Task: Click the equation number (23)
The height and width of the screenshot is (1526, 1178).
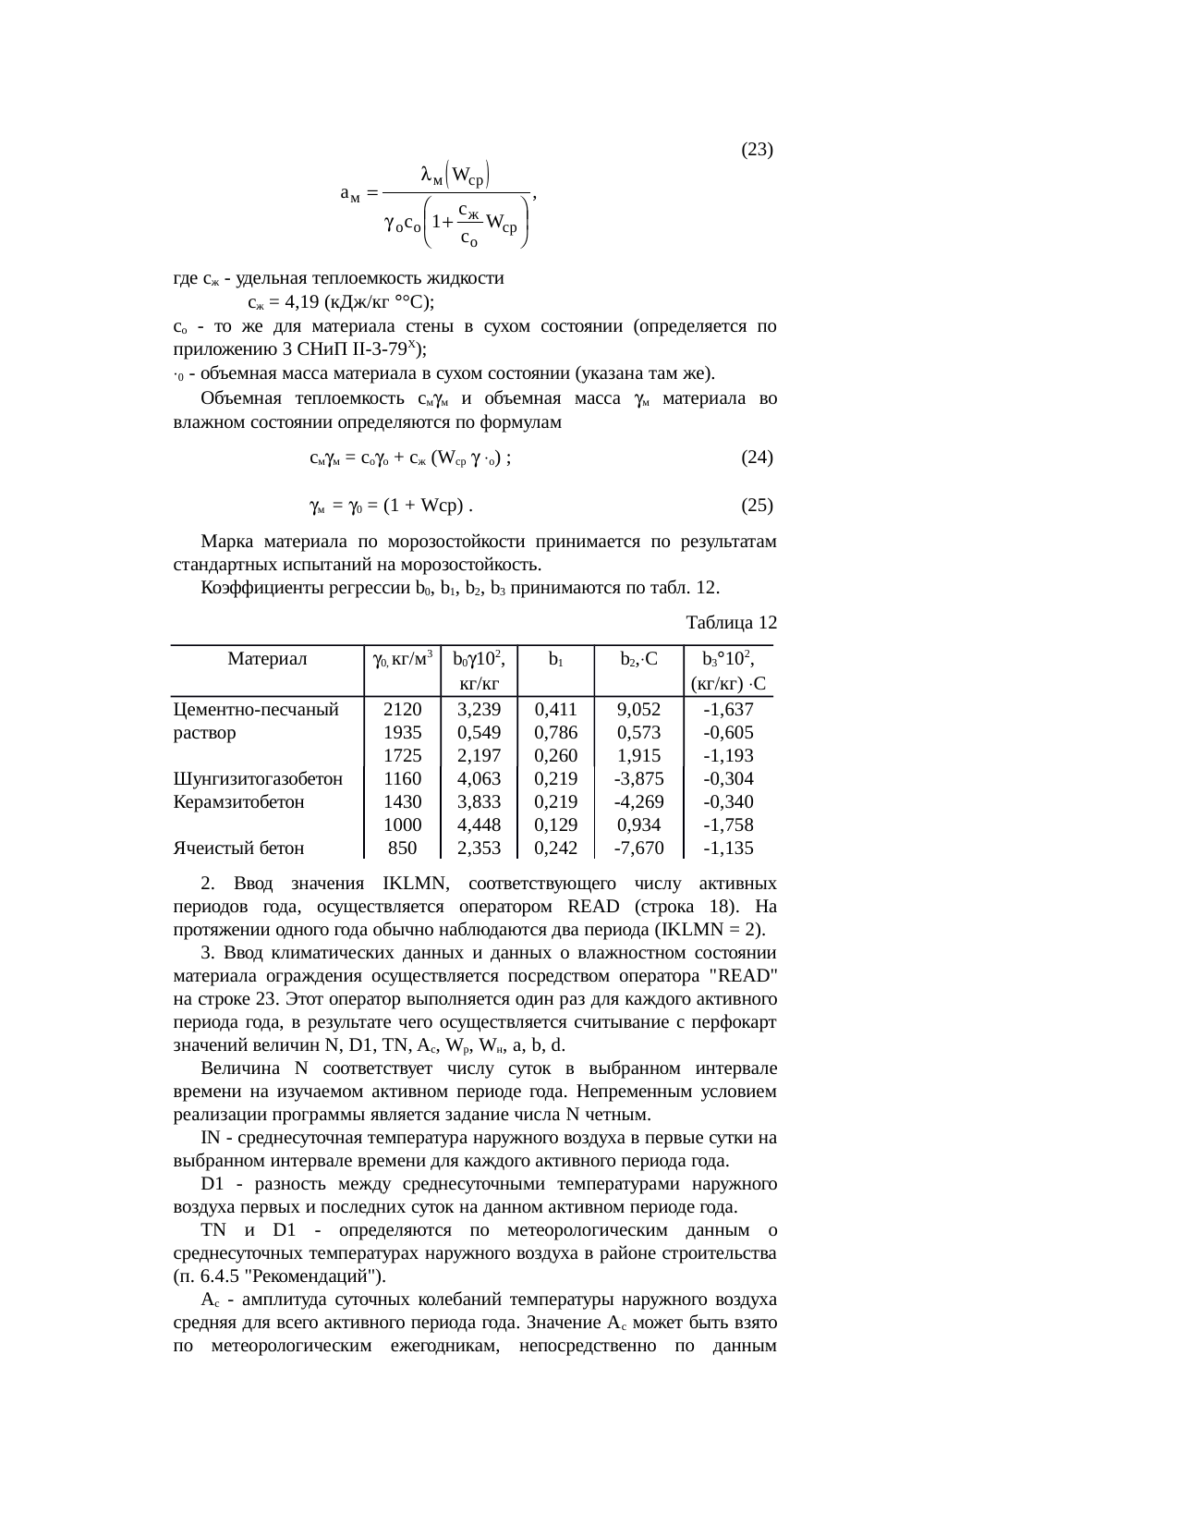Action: point(757,150)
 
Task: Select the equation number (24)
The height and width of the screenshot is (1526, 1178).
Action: point(757,458)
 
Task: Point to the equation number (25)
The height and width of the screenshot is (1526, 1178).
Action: point(757,506)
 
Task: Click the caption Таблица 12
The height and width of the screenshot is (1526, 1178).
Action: point(731,622)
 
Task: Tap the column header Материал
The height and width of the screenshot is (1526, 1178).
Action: point(266,660)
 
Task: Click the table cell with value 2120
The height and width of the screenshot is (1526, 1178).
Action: point(402,710)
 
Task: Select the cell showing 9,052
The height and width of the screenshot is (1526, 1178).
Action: point(638,710)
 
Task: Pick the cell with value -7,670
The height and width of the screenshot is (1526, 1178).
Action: point(638,848)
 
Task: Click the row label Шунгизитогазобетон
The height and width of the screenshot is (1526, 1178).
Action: point(258,779)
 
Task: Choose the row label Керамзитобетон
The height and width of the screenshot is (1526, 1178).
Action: point(238,802)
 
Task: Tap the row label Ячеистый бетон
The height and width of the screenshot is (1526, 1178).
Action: point(238,848)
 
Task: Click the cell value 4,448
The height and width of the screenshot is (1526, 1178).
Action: point(479,825)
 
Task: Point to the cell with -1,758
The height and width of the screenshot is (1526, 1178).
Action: point(728,825)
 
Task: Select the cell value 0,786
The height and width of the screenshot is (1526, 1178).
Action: point(556,733)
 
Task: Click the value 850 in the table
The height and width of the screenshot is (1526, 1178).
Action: point(402,848)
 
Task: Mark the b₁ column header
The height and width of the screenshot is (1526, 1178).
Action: point(556,660)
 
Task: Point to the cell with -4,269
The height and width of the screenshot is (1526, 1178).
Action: point(638,802)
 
